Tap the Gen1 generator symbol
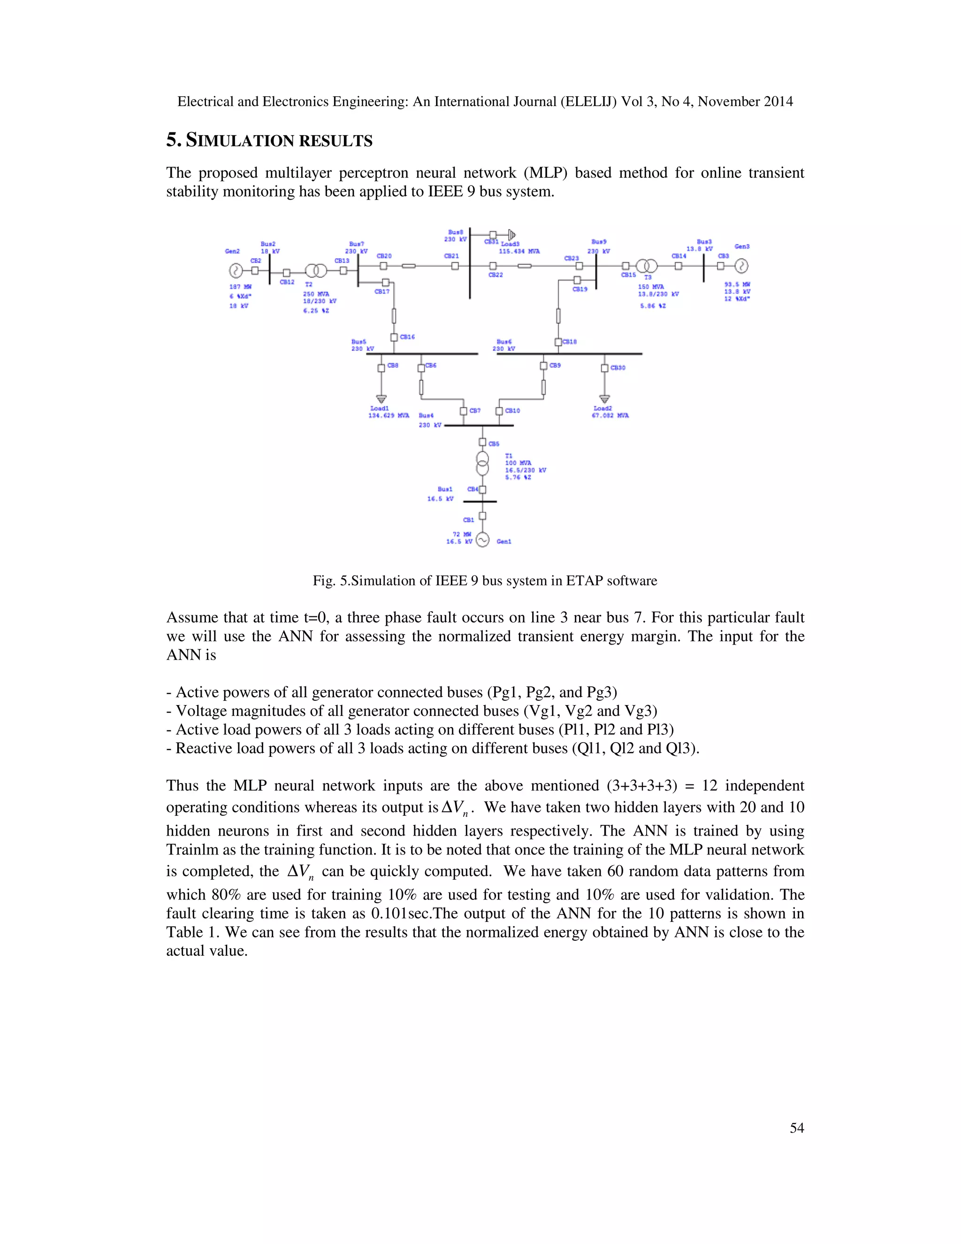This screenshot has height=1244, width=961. [x=482, y=539]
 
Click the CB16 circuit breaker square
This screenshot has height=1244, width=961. [x=394, y=337]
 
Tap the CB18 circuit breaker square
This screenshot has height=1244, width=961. [x=558, y=342]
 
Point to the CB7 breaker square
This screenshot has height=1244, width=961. [x=464, y=411]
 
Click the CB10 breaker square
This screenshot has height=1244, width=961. [x=499, y=411]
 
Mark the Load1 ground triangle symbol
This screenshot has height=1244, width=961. [x=381, y=399]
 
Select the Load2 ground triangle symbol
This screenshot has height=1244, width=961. [x=604, y=399]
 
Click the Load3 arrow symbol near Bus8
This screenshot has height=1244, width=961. [x=512, y=234]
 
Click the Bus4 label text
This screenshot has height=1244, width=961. [x=427, y=415]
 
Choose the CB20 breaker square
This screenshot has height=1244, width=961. [x=383, y=266]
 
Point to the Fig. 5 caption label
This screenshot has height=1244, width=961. [x=330, y=580]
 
